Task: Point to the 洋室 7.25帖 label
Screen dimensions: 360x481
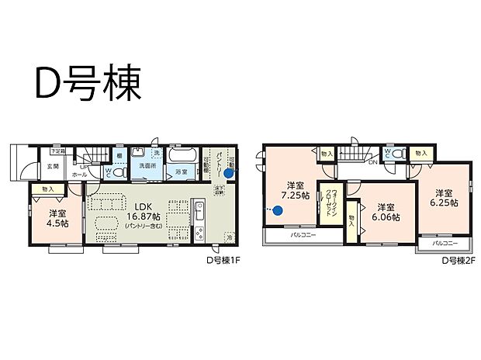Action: (x=295, y=190)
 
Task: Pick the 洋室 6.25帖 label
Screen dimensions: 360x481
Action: (x=443, y=198)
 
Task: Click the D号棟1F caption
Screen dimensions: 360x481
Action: (x=226, y=261)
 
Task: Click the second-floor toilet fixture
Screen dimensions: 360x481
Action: (x=396, y=155)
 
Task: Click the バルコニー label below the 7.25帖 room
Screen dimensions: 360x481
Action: (x=303, y=234)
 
